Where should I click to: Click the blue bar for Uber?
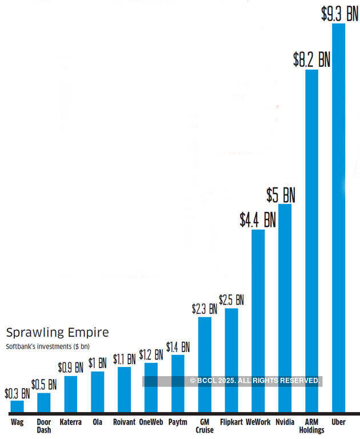click(338, 217)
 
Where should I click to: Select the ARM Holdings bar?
click(311, 240)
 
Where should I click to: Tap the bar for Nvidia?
click(285, 309)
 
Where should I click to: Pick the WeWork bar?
click(258, 320)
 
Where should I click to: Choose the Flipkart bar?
click(231, 360)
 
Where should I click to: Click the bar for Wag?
click(17, 406)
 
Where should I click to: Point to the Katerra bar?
click(71, 394)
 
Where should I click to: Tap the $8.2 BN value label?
click(311, 59)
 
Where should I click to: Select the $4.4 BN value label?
click(258, 219)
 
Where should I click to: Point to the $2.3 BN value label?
click(205, 309)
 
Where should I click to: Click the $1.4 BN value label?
click(178, 347)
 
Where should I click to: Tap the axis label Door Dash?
click(44, 426)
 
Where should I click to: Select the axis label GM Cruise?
click(205, 426)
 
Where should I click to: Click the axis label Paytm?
click(178, 422)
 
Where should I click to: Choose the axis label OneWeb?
click(151, 422)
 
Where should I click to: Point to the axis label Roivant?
click(124, 422)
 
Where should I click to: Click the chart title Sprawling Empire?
click(57, 332)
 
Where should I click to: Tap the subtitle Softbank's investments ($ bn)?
click(48, 346)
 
